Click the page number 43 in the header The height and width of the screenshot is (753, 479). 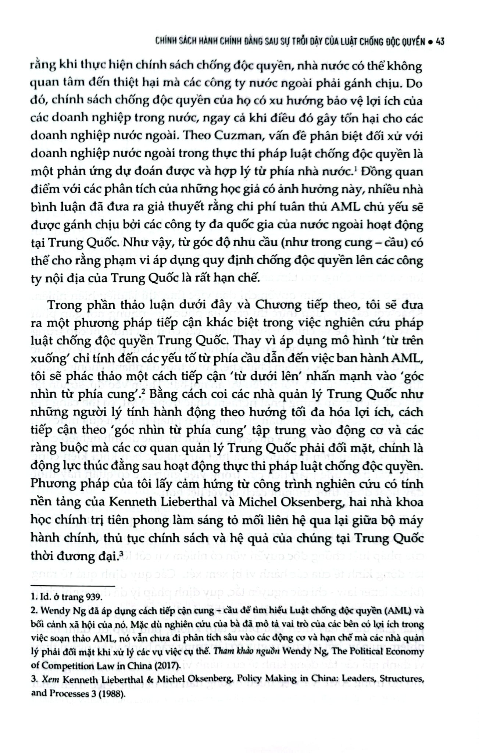[440, 42]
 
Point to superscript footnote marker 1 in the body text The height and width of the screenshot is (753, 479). [352, 169]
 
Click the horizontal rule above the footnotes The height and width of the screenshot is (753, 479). [73, 586]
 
